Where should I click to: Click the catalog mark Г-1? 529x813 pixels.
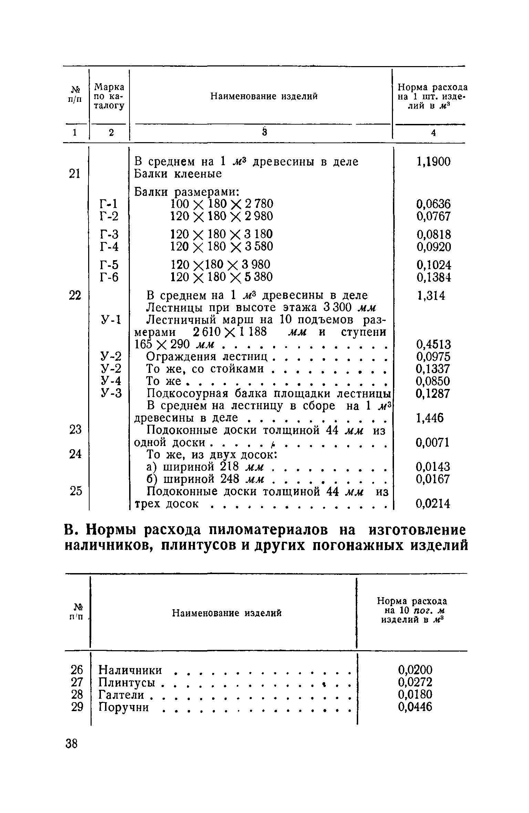click(x=108, y=204)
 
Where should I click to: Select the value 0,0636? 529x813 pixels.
click(x=433, y=204)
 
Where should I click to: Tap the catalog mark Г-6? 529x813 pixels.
click(x=108, y=277)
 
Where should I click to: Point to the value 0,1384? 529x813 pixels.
click(x=433, y=277)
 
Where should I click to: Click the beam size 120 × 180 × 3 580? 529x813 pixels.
click(x=222, y=246)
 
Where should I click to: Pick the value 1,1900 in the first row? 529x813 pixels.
click(x=433, y=161)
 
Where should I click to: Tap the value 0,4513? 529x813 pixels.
click(x=433, y=344)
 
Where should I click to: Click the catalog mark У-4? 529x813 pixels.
click(x=111, y=381)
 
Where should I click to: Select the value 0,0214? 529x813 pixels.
click(x=433, y=504)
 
